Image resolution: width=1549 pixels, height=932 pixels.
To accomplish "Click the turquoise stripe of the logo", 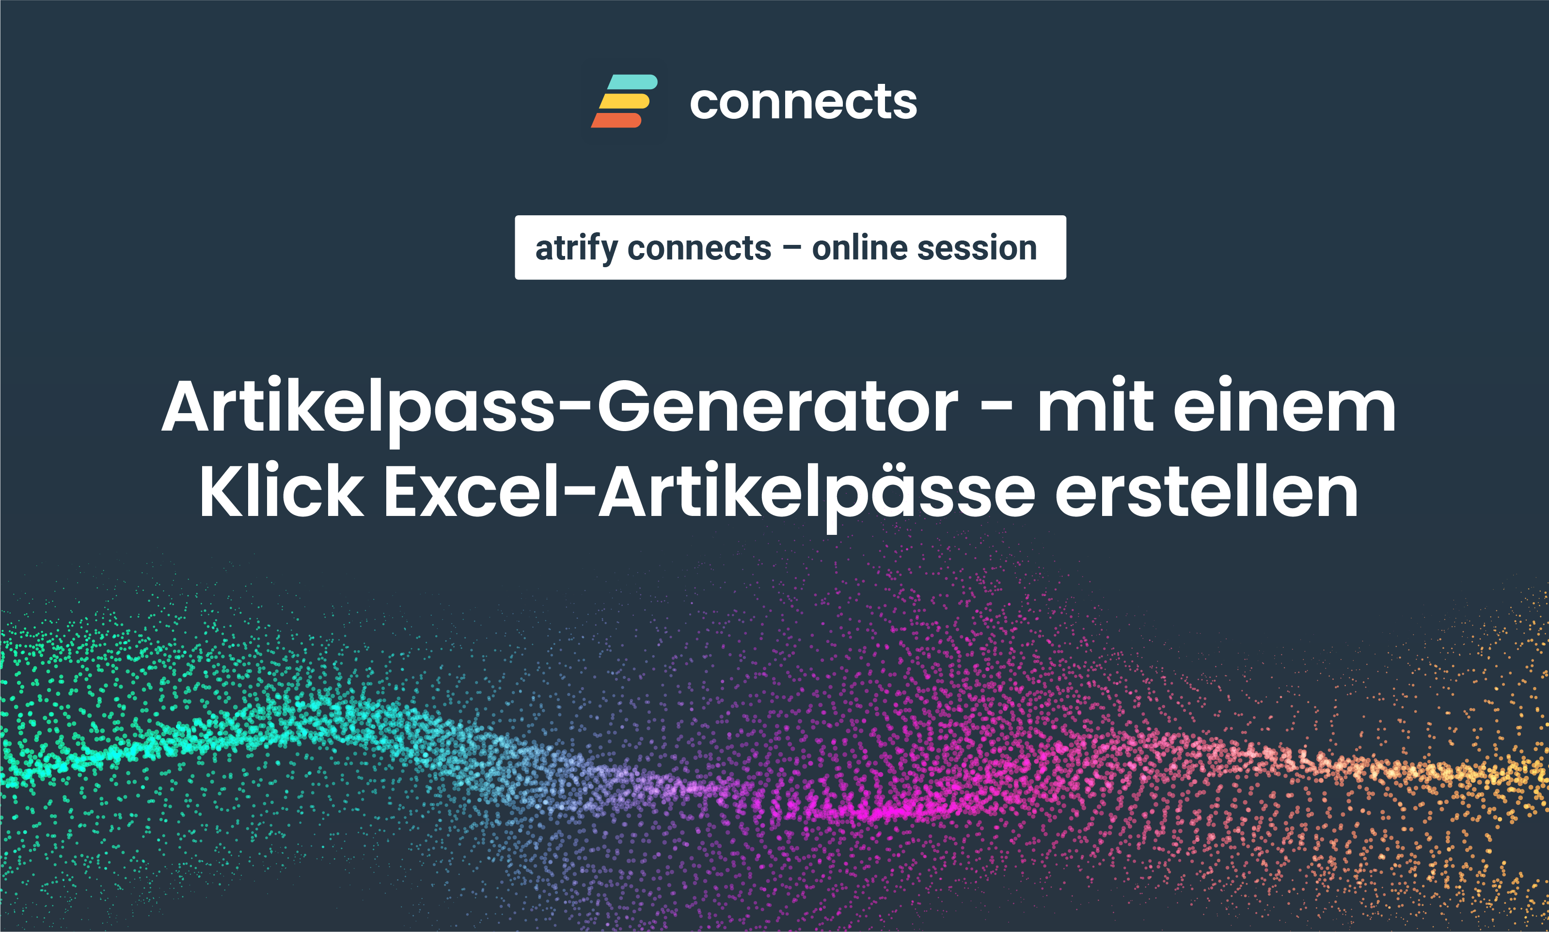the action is click(x=632, y=81).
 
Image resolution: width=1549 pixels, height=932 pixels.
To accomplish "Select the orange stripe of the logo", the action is click(x=616, y=120).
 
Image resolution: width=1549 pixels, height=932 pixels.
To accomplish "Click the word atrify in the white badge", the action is click(x=576, y=249).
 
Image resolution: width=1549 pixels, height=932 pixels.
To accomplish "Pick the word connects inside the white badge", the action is click(x=699, y=249).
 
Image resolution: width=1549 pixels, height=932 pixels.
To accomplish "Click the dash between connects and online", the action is click(x=792, y=249).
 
